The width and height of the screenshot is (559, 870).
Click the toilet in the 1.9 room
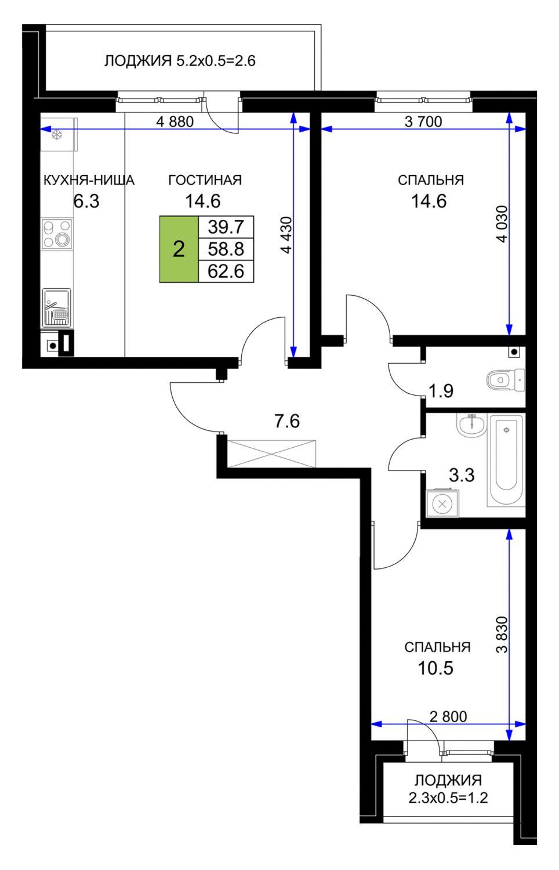point(506,379)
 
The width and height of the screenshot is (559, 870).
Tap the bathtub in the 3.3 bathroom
point(506,461)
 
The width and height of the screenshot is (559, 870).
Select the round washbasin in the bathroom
point(471,425)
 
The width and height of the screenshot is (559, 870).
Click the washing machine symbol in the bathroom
point(442,504)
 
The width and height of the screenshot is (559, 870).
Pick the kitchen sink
point(57,308)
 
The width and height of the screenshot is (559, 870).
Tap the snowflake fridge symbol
point(57,135)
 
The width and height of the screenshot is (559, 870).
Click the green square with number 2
point(179,249)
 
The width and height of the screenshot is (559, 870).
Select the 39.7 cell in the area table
point(226,227)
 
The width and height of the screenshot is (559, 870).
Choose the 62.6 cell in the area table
point(226,271)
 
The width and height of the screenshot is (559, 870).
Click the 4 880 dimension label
point(175,122)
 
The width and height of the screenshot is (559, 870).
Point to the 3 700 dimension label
point(423,122)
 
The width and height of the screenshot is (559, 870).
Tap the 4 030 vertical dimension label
point(502,224)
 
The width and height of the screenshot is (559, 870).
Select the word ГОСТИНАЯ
point(205,180)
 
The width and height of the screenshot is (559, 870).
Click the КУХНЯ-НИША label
point(89,180)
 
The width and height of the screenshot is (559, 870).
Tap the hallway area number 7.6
point(287,422)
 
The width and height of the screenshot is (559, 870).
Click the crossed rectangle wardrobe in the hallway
point(272,454)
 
